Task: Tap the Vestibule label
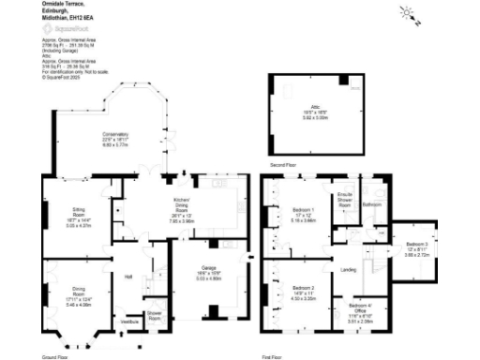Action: tap(128, 321)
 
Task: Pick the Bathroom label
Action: tap(371, 203)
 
